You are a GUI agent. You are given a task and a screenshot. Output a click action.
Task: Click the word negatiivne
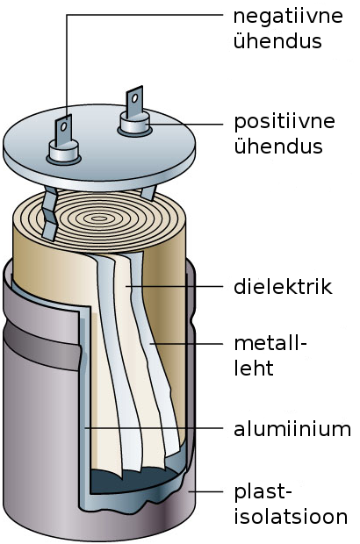[x=288, y=17]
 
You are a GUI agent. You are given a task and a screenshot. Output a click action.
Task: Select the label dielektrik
[x=283, y=287]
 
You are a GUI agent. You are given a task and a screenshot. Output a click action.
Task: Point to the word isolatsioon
[x=291, y=516]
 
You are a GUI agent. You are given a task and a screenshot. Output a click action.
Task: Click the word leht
[x=254, y=368]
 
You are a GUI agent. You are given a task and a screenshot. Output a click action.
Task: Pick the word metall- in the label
[x=270, y=343]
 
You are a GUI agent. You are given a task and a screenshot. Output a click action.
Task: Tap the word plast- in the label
[x=263, y=492]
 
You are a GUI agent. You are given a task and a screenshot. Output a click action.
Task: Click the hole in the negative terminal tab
[x=64, y=126]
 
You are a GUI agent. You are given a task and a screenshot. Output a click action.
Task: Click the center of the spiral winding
[x=99, y=218]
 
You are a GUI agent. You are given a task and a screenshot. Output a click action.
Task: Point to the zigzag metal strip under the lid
[x=50, y=214]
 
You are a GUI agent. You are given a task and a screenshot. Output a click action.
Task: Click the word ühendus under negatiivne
[x=277, y=40]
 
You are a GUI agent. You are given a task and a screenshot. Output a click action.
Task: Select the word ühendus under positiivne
[x=278, y=146]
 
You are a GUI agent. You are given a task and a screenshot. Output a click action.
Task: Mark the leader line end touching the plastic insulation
[x=189, y=491]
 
